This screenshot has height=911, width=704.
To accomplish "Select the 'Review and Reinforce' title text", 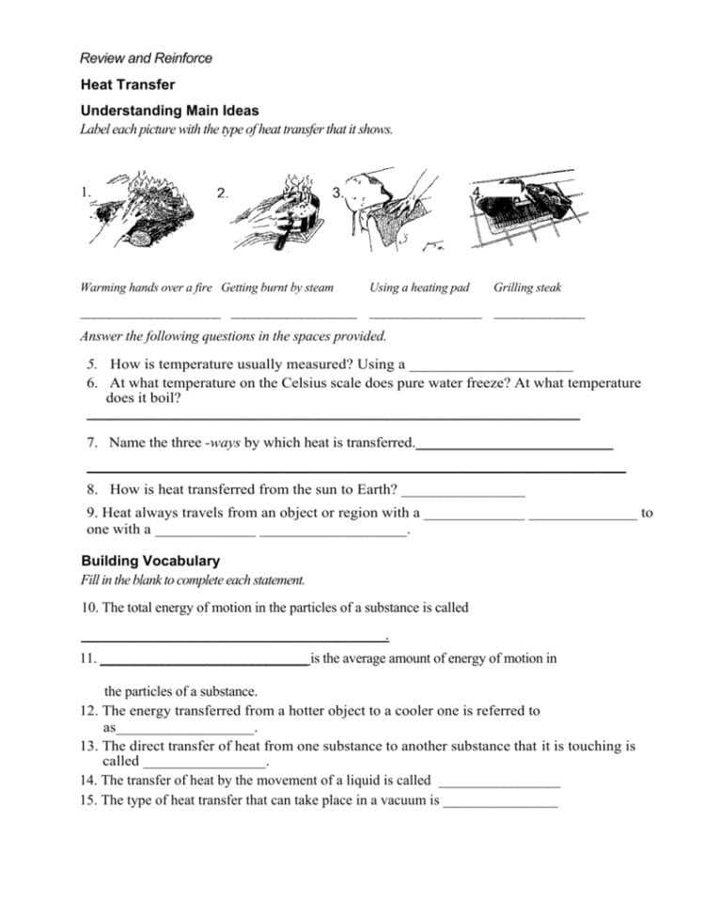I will click(x=146, y=58).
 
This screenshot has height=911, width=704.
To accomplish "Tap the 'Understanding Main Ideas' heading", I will click(x=169, y=111).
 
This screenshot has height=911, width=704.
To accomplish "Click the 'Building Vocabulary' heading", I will click(x=150, y=561).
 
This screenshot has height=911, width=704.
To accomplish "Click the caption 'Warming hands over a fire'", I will click(x=146, y=287).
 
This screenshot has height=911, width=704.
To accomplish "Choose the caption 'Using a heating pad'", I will click(x=419, y=287).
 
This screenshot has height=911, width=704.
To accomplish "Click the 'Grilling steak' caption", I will click(x=527, y=287).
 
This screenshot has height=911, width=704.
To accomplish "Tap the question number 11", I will click(x=88, y=659).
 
